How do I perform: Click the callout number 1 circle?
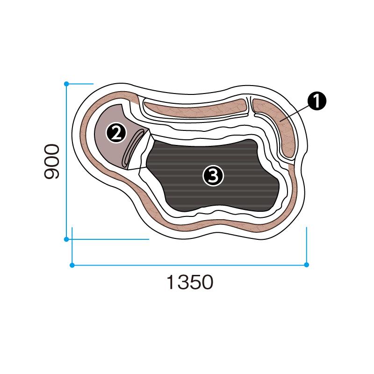coord(316,101)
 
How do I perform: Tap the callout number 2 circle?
coord(116,133)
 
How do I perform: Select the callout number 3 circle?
coord(213,176)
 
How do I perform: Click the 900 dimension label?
coord(51,161)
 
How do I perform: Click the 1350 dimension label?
coord(190,282)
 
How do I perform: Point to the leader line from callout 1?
coord(295,114)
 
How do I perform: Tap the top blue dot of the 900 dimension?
coord(66,84)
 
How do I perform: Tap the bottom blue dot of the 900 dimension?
coord(66,239)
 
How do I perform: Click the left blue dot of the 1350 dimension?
coord(72,265)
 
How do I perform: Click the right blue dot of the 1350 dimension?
coord(307,265)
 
